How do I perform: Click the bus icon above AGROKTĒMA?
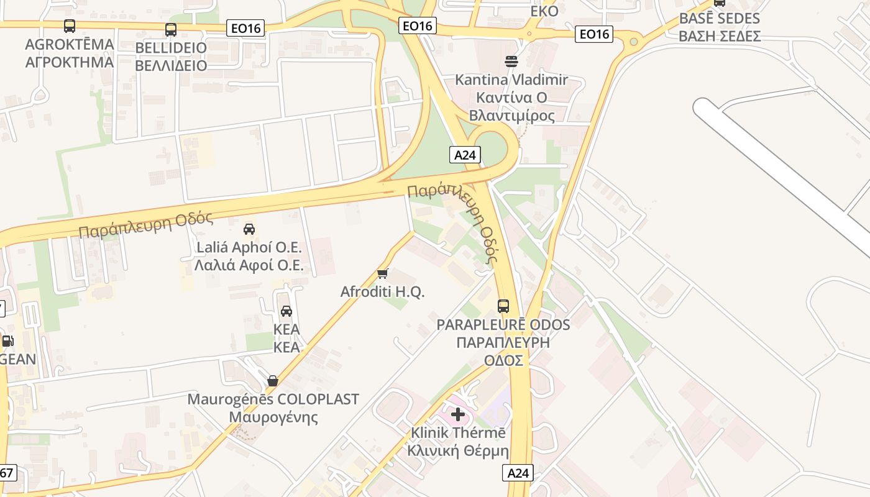[x=70, y=26]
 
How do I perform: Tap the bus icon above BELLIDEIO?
[x=170, y=29]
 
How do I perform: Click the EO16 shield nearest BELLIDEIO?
[x=245, y=27]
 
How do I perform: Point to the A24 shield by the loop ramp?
[x=465, y=155]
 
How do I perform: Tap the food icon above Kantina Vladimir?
[x=511, y=61]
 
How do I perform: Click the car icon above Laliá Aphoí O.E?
[x=249, y=229]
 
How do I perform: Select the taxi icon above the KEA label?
[x=286, y=311]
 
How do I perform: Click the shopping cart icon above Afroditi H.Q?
[x=383, y=273]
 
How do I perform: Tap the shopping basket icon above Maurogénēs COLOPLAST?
[x=272, y=381]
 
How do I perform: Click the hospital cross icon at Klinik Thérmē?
[x=458, y=414]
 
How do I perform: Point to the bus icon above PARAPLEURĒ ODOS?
[x=503, y=306]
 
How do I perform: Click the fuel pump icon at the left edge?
[x=7, y=340]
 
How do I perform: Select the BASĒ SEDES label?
[x=720, y=18]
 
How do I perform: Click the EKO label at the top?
[x=544, y=11]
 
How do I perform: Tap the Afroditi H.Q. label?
[x=382, y=291]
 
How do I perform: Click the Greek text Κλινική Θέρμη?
[x=458, y=451]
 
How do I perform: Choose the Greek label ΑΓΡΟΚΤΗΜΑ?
[x=70, y=62]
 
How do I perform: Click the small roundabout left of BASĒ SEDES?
[x=633, y=42]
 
